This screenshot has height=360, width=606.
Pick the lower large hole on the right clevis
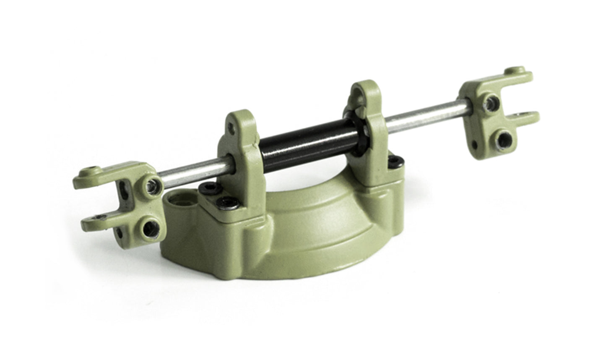point(503,139)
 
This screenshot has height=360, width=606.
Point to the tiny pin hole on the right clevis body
point(474,145)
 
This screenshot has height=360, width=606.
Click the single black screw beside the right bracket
point(395,162)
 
